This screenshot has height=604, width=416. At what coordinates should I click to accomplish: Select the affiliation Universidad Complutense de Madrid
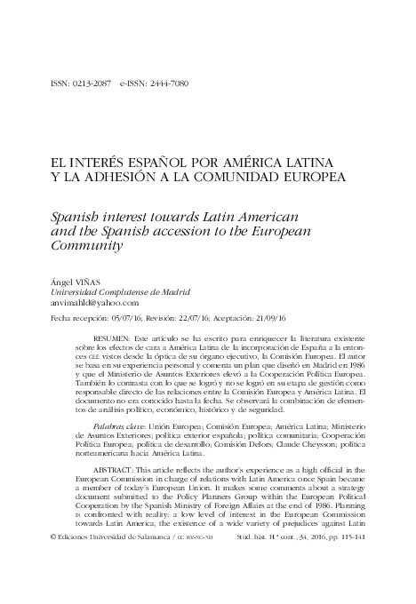(x=121, y=292)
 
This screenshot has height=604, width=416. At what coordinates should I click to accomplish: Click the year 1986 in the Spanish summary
(x=350, y=366)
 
